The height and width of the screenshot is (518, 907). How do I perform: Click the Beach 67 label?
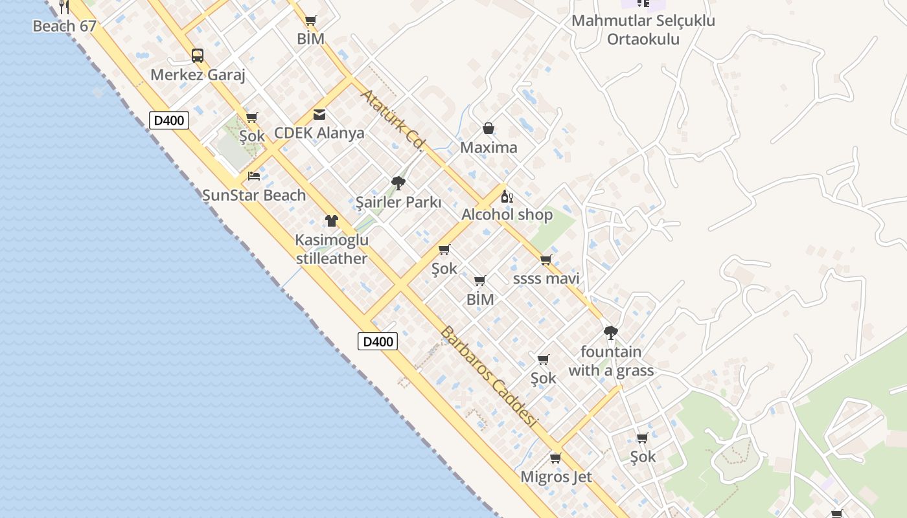(64, 27)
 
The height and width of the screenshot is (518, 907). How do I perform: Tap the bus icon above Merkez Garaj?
(198, 56)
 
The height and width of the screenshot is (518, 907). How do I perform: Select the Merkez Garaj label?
(198, 75)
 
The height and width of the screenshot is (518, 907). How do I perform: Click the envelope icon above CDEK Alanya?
(319, 115)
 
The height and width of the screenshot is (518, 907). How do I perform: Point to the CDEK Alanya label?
(319, 133)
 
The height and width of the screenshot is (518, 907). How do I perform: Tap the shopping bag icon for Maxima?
(488, 129)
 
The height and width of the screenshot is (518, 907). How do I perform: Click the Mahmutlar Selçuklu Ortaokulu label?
(643, 30)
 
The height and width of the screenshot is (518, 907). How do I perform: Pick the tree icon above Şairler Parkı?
(398, 183)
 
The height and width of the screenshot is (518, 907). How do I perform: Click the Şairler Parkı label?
(398, 202)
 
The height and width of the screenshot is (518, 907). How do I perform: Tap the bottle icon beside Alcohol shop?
(507, 197)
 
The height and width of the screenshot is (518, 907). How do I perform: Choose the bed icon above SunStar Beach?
(254, 176)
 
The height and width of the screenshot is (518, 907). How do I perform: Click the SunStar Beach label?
(254, 195)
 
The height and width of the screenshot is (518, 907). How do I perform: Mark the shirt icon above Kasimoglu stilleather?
(332, 221)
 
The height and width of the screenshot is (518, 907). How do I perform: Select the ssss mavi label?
(546, 278)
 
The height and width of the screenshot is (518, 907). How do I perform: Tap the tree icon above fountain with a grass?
(610, 333)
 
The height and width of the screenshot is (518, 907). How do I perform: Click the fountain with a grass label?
(611, 361)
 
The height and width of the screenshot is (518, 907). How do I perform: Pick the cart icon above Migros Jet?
(555, 458)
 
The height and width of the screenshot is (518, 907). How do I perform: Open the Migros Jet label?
(557, 477)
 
